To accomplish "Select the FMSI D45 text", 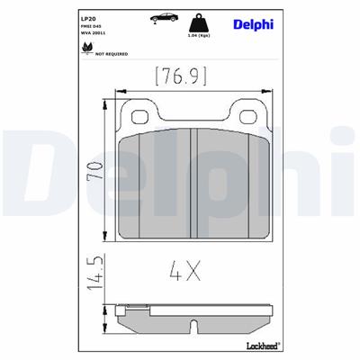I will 90,25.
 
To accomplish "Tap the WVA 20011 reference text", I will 92,33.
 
